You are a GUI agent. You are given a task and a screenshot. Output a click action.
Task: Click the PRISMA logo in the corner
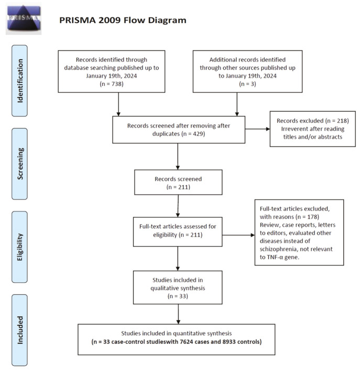[23, 18]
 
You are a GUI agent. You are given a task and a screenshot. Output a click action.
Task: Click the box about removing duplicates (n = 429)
[179, 129]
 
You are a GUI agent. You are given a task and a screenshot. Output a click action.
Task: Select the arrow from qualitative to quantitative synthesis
[179, 313]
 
